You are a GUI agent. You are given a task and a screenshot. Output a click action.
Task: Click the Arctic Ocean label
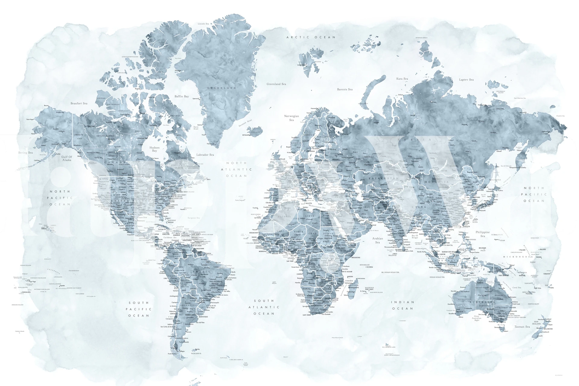coord(311,37)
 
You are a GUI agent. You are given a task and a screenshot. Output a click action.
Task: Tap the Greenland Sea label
coord(276,84)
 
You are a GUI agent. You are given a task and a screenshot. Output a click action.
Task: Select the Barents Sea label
coord(345,89)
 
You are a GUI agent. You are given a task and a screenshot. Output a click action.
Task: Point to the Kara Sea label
coord(402,79)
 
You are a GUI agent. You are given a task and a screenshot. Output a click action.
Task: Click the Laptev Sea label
coord(466,80)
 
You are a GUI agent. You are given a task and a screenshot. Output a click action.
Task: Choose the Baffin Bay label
coord(182,96)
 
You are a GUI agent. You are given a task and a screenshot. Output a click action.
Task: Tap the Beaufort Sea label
coord(79,103)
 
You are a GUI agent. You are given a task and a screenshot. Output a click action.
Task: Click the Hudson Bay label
coord(154,149)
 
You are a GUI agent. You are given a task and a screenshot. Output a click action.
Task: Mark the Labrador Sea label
coord(205,155)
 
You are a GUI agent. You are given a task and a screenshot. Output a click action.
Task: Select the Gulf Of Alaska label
coord(67,158)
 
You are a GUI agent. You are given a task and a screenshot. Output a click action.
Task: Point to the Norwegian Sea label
coord(291,118)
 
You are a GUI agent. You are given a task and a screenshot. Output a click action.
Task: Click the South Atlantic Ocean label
coord(264,307)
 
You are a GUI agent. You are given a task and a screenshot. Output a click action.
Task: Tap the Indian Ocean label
coord(402,305)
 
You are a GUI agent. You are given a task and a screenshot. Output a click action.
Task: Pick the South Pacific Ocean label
coord(139,309)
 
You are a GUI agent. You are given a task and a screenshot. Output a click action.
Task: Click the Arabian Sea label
coord(377,240)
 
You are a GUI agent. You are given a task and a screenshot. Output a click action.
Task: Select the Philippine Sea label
coord(482,234)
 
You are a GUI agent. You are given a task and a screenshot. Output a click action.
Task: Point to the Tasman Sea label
coord(522,327)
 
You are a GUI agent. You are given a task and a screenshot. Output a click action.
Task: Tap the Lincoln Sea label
coord(203,24)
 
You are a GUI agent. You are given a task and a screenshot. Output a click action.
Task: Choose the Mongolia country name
coord(437,182)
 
